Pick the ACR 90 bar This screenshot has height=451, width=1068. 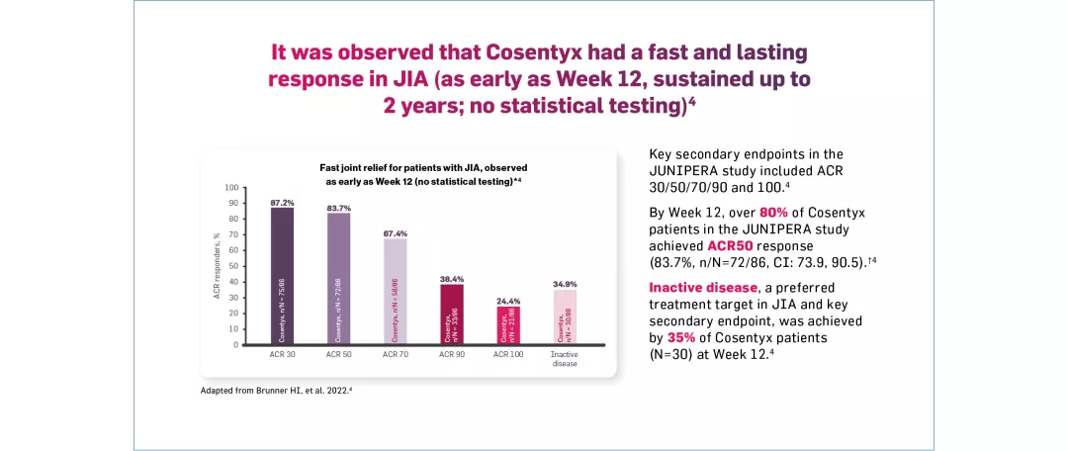(452, 315)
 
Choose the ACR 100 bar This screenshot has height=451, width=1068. (508, 325)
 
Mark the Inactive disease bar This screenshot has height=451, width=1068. (565, 317)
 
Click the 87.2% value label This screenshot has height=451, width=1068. (283, 202)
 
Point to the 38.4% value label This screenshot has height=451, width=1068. (452, 279)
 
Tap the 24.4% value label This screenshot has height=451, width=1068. (508, 301)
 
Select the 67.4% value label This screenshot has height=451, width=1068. (396, 233)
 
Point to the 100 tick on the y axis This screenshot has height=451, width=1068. (231, 187)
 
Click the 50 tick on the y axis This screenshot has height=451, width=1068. (233, 266)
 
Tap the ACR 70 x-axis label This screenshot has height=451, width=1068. (396, 354)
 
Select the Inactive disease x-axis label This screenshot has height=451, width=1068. (565, 358)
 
